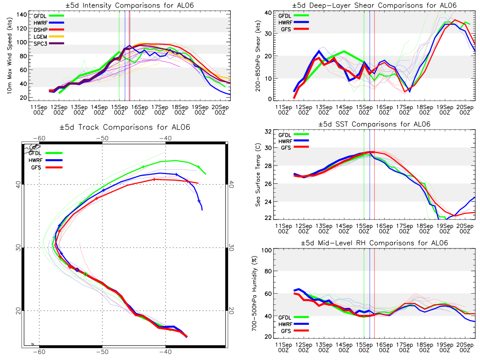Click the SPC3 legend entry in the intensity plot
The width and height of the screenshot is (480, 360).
pos(49,44)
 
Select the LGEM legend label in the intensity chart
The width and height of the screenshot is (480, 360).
pos(40,37)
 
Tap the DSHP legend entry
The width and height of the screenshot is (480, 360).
pos(49,30)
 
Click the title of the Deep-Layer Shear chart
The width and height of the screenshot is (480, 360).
pos(374,5)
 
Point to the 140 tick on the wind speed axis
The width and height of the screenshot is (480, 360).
pos(22,15)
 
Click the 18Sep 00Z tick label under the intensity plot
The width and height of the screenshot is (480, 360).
pos(180,110)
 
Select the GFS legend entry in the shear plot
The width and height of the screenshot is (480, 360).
pos(295,29)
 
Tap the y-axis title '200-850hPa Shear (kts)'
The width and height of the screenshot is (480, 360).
pos(258,56)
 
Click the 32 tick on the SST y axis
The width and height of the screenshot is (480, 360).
pos(268,132)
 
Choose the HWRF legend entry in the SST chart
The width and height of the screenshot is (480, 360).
pos(294,141)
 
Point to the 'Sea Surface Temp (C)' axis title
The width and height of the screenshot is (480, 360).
pos(258,175)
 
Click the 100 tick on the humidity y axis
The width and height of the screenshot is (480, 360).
pos(266,250)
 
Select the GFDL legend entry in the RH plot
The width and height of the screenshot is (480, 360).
pos(294,317)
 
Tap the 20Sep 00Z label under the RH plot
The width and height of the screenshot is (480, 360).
pos(465,348)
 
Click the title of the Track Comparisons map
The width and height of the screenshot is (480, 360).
pos(125,127)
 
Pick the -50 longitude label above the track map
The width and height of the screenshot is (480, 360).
pos(102,138)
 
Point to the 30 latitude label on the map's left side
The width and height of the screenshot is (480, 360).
pos(18,248)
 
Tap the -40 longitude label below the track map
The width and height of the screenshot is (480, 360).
pos(165,352)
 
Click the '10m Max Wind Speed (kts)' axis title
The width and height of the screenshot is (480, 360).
pos(9,56)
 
